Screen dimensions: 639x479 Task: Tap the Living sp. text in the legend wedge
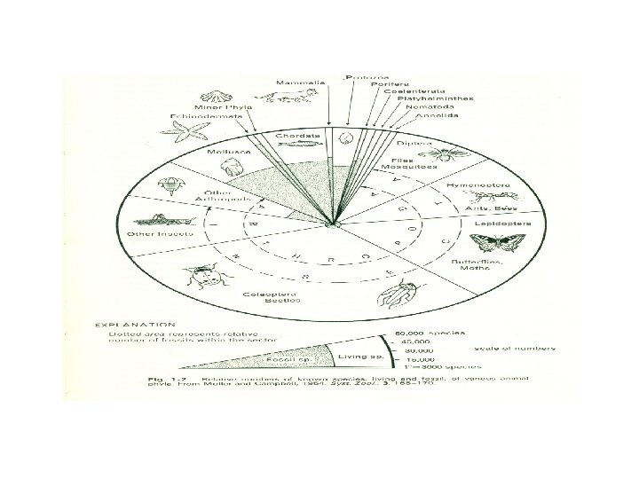(356, 356)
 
